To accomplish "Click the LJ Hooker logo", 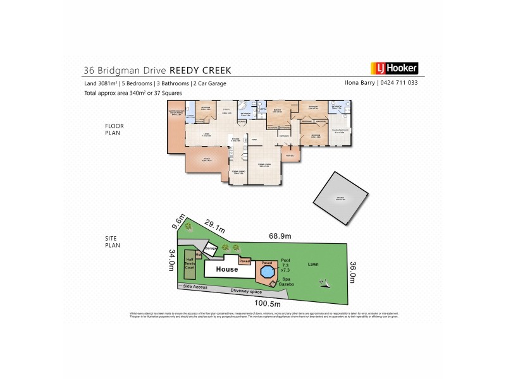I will click(x=393, y=68).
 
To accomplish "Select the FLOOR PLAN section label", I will click(x=114, y=130).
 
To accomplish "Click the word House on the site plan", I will click(x=226, y=269).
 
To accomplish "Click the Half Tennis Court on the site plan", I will click(x=188, y=264).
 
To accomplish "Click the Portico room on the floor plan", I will click(x=290, y=155).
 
